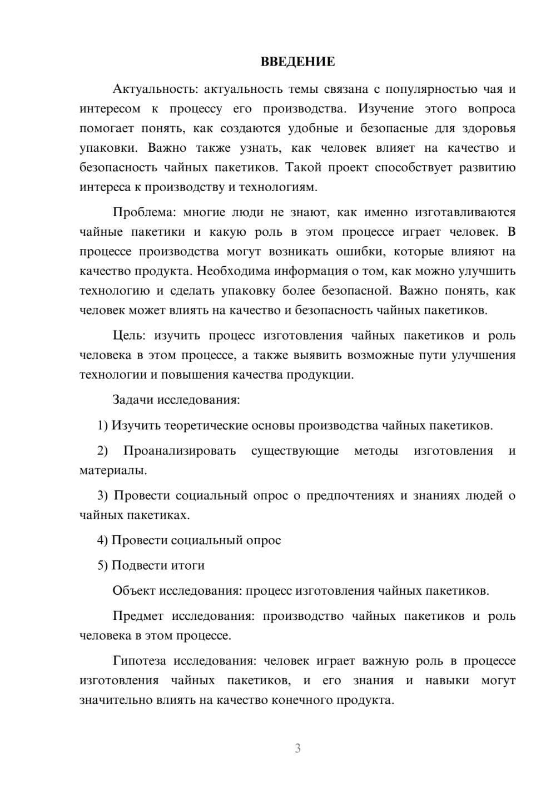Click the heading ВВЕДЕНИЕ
297,62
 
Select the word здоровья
489,128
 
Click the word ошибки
362,252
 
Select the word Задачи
134,400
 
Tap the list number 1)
102,426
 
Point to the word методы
376,451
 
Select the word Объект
134,590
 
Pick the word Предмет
138,616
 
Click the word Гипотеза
140,661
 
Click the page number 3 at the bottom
297,748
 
